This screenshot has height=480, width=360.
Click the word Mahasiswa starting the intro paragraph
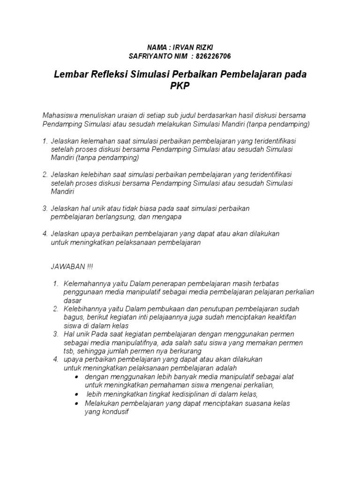tap(61, 115)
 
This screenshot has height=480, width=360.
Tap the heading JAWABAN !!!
tap(72, 267)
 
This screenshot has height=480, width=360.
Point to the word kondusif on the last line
tap(106, 412)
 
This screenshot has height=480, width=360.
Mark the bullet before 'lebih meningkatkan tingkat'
tap(76, 395)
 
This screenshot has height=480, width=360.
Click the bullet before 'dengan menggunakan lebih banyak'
tap(76, 377)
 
